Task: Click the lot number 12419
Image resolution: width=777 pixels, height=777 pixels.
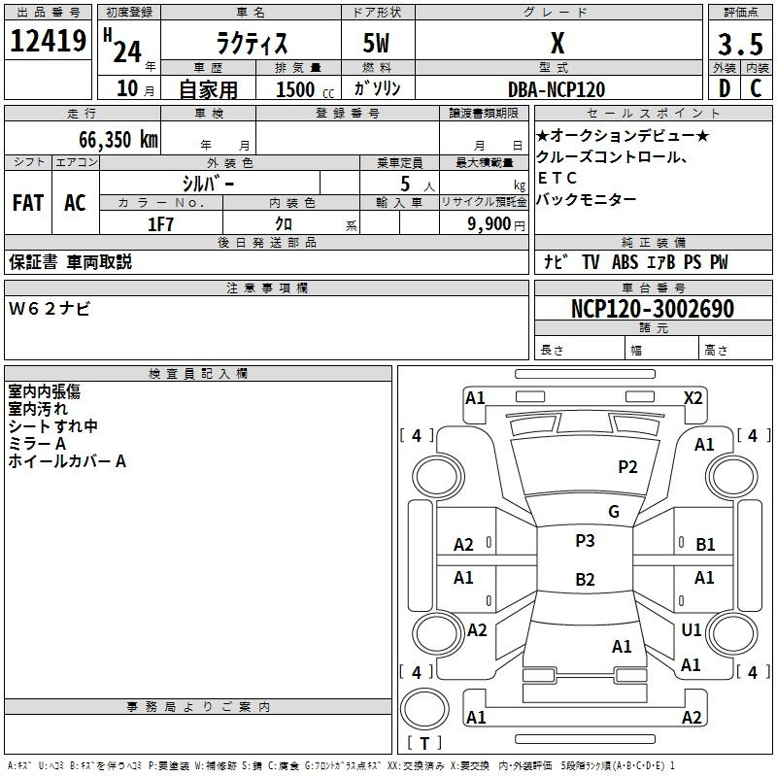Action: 48,41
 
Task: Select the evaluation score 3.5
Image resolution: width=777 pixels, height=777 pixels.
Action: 740,44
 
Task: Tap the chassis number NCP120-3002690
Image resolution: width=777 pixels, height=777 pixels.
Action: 653,308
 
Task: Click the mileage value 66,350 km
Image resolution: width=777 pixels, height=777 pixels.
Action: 118,140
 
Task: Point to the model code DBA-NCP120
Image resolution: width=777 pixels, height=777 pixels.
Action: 557,89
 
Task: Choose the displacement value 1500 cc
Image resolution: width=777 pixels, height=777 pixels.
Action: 305,89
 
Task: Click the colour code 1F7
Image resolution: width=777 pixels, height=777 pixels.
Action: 160,224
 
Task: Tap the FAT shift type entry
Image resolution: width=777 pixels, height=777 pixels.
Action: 28,202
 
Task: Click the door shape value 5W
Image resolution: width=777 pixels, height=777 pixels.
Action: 376,43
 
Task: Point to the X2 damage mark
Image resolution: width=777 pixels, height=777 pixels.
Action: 693,398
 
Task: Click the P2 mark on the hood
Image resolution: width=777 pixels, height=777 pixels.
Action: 627,467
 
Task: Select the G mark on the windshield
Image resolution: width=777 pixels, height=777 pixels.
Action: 614,512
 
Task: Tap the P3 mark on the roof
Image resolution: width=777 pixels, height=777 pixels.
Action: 585,541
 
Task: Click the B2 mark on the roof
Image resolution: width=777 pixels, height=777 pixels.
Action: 585,579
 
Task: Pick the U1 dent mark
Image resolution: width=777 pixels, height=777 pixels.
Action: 692,630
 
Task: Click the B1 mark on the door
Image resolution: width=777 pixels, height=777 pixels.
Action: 705,545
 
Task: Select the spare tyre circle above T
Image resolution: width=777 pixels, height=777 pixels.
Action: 424,708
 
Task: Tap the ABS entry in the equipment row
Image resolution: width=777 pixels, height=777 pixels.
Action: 625,262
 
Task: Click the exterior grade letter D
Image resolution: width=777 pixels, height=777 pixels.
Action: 725,88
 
